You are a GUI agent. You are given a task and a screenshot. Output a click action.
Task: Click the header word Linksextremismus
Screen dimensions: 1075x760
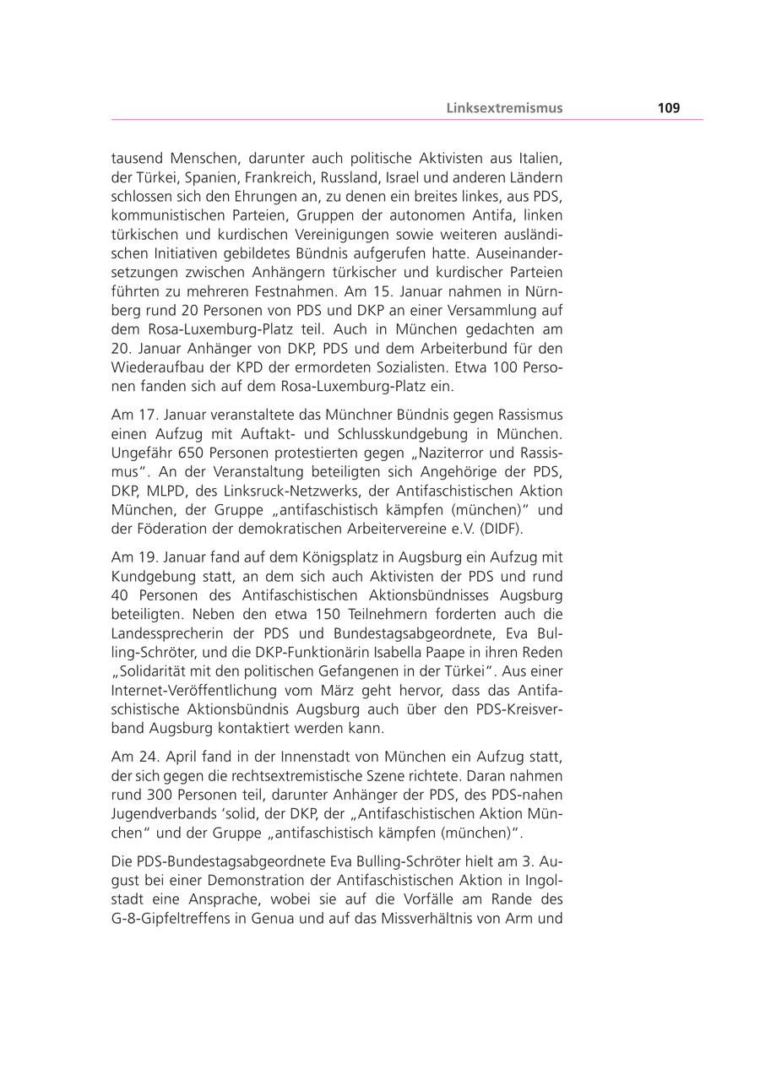click(x=504, y=108)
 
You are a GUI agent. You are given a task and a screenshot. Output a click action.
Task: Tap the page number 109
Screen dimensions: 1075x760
click(x=669, y=108)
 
